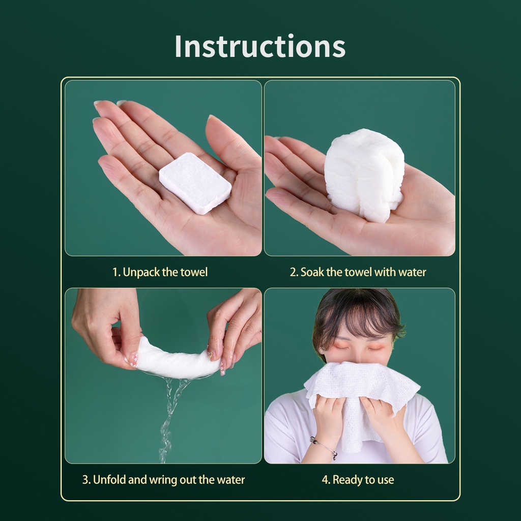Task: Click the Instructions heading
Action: pos(260,46)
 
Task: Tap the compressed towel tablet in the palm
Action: pos(195,183)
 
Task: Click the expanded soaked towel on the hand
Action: pos(364,175)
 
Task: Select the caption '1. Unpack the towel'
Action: pos(160,272)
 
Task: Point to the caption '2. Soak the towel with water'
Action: pos(358,272)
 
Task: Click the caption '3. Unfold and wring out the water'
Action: pos(163,480)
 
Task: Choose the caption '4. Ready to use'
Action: pos(358,480)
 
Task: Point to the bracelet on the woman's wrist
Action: pos(324,446)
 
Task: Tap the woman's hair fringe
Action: pos(356,315)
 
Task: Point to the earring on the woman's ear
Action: pos(322,351)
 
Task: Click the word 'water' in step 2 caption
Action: pos(412,272)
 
